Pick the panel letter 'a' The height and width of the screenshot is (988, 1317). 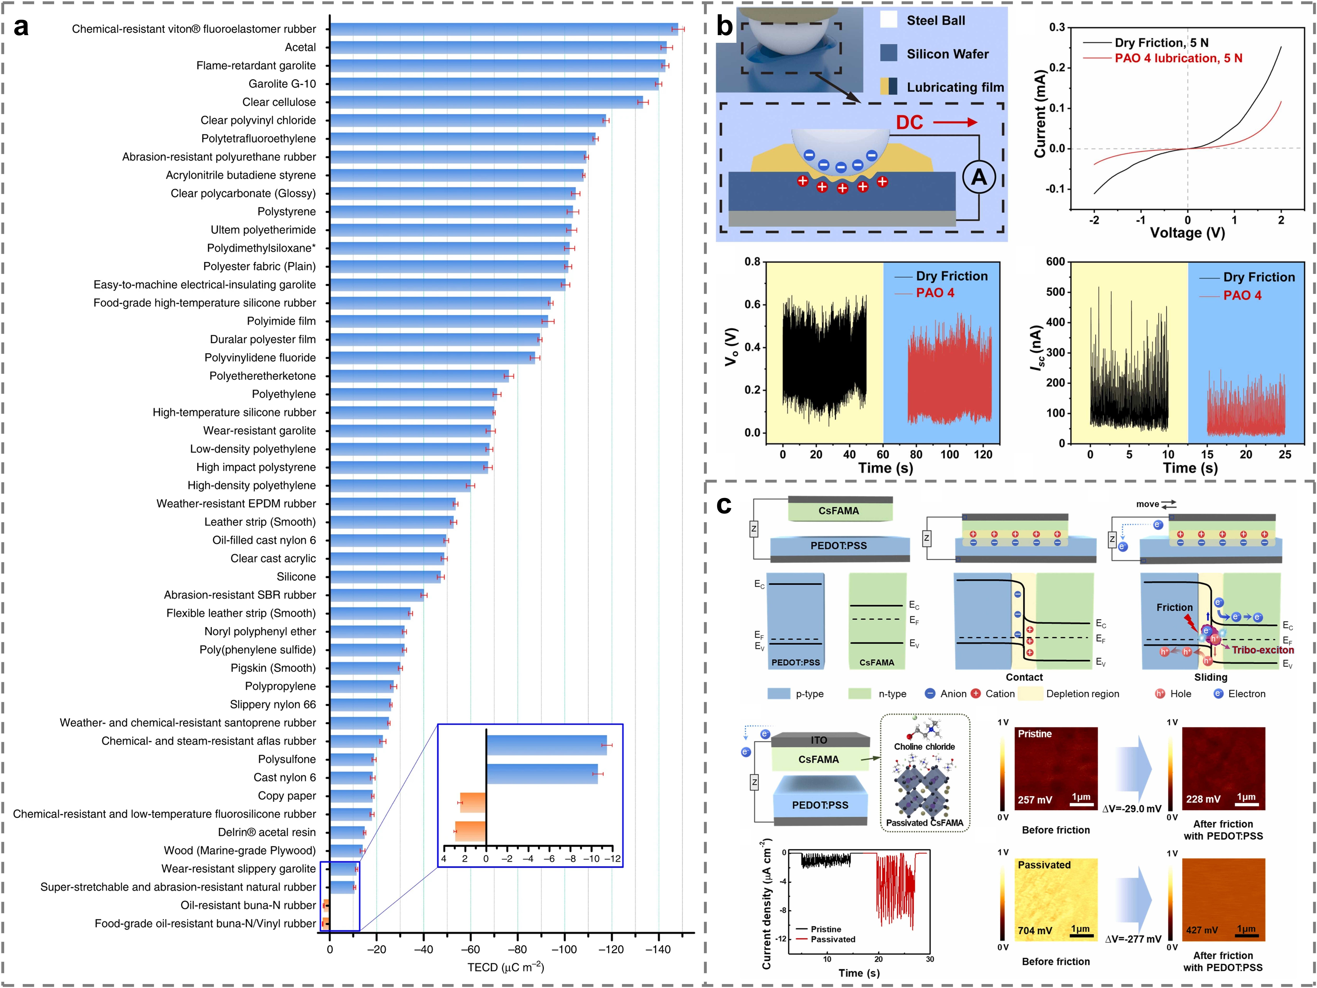pyautogui.click(x=22, y=27)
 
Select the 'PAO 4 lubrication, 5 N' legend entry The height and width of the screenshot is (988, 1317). pyautogui.click(x=1178, y=58)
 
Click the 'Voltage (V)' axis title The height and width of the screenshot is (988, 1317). pyautogui.click(x=1187, y=233)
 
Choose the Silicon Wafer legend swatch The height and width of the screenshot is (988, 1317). pyautogui.click(x=888, y=54)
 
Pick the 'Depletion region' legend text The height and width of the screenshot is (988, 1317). pyautogui.click(x=1082, y=694)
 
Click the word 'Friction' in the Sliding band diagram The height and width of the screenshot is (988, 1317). pyautogui.click(x=1174, y=608)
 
